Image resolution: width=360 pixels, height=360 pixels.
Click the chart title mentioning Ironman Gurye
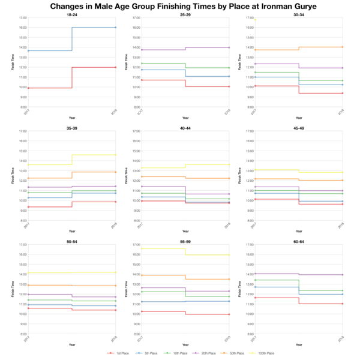point(180,5)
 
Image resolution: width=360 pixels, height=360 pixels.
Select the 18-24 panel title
point(71,14)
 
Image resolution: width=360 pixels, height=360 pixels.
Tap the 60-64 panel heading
point(298,241)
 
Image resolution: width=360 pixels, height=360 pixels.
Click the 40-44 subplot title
point(185,128)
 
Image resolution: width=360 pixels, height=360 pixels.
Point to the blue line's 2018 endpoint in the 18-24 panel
point(115,28)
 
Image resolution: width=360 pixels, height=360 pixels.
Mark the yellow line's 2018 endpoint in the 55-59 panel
point(229,255)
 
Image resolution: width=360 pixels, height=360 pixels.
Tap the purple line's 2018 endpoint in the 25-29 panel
point(229,47)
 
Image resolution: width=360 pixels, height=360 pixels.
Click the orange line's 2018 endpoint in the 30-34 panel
point(342,47)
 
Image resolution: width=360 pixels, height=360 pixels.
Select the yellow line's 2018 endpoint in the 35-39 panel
point(115,155)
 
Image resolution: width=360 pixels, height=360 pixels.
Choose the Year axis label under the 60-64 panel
point(298,344)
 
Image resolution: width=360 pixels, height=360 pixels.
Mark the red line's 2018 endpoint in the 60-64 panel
point(342,304)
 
